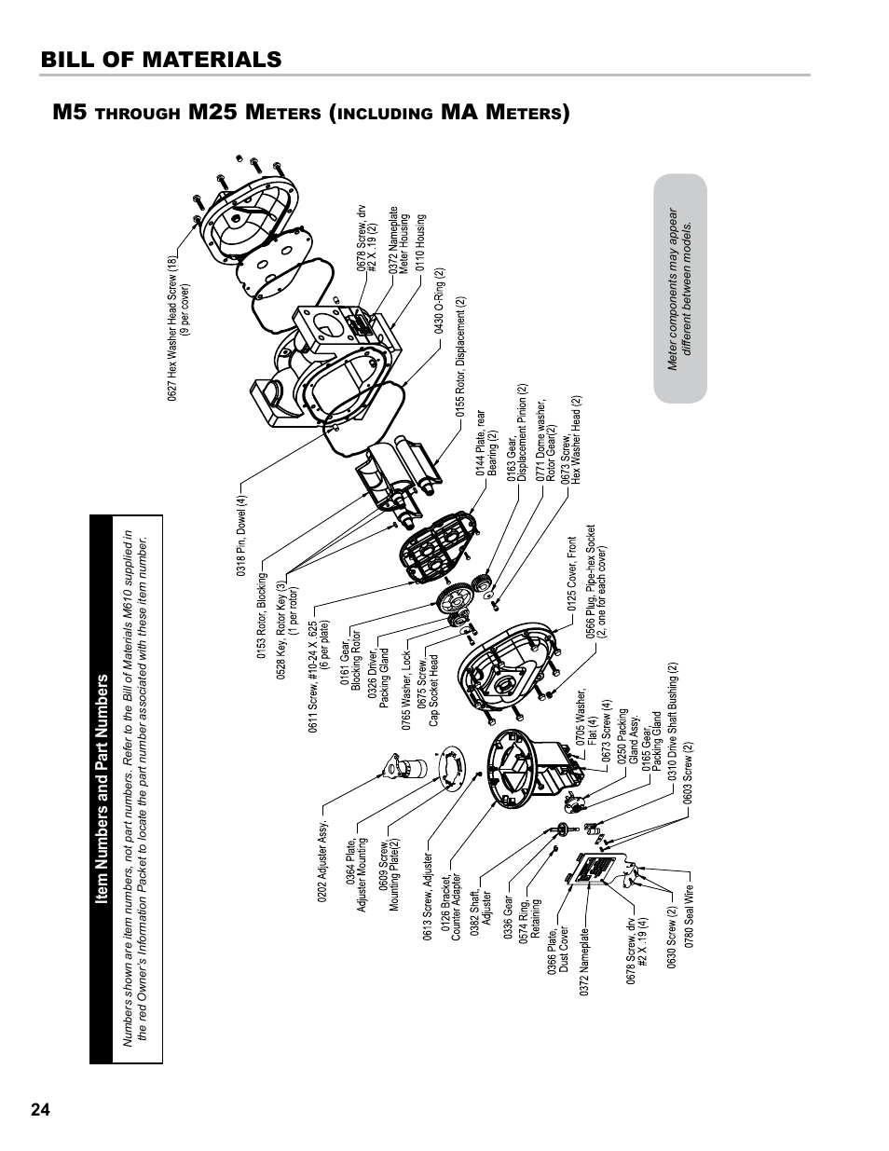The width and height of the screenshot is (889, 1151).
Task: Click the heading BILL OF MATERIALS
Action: [160, 59]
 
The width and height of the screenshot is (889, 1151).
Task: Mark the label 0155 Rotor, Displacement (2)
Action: [460, 356]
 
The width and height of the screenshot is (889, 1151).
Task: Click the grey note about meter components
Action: [681, 289]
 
